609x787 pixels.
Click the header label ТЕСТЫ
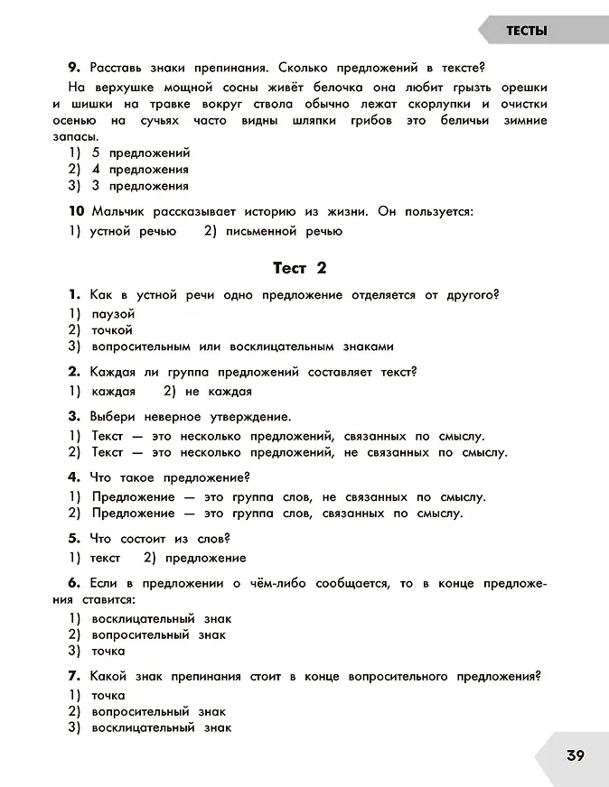pos(526,31)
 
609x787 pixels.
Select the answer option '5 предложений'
pos(140,153)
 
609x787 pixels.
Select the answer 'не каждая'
pos(218,392)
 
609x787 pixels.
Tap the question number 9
pos(74,67)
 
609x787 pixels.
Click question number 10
pos(77,211)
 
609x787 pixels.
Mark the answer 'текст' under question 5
pos(105,558)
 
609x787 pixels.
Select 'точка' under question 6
pos(108,651)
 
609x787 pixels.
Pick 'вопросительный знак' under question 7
pos(158,711)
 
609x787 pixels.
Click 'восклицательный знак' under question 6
pos(162,618)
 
